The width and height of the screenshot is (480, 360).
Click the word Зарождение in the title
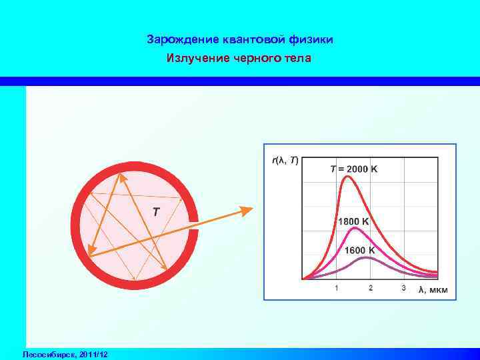pyautogui.click(x=175, y=40)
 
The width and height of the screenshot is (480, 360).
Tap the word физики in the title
pyautogui.click(x=313, y=40)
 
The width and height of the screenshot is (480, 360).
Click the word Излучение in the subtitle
pyautogui.click(x=194, y=59)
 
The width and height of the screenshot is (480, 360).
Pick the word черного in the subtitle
pyautogui.click(x=257, y=59)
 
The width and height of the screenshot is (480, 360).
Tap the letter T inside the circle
pyautogui.click(x=155, y=213)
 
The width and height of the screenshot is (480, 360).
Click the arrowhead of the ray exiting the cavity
pyautogui.click(x=247, y=211)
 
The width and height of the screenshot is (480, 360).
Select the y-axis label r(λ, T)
pyautogui.click(x=285, y=161)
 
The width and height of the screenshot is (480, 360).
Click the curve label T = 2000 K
pyautogui.click(x=354, y=169)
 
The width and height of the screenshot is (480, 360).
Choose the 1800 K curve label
pyautogui.click(x=358, y=221)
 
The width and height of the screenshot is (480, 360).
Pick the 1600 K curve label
pyautogui.click(x=360, y=251)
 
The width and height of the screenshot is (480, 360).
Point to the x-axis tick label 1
pyautogui.click(x=336, y=288)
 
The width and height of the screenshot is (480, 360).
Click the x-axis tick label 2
pyautogui.click(x=371, y=288)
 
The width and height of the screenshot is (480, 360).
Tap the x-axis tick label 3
pyautogui.click(x=404, y=288)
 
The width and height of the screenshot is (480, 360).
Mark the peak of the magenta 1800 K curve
pyautogui.click(x=356, y=229)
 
